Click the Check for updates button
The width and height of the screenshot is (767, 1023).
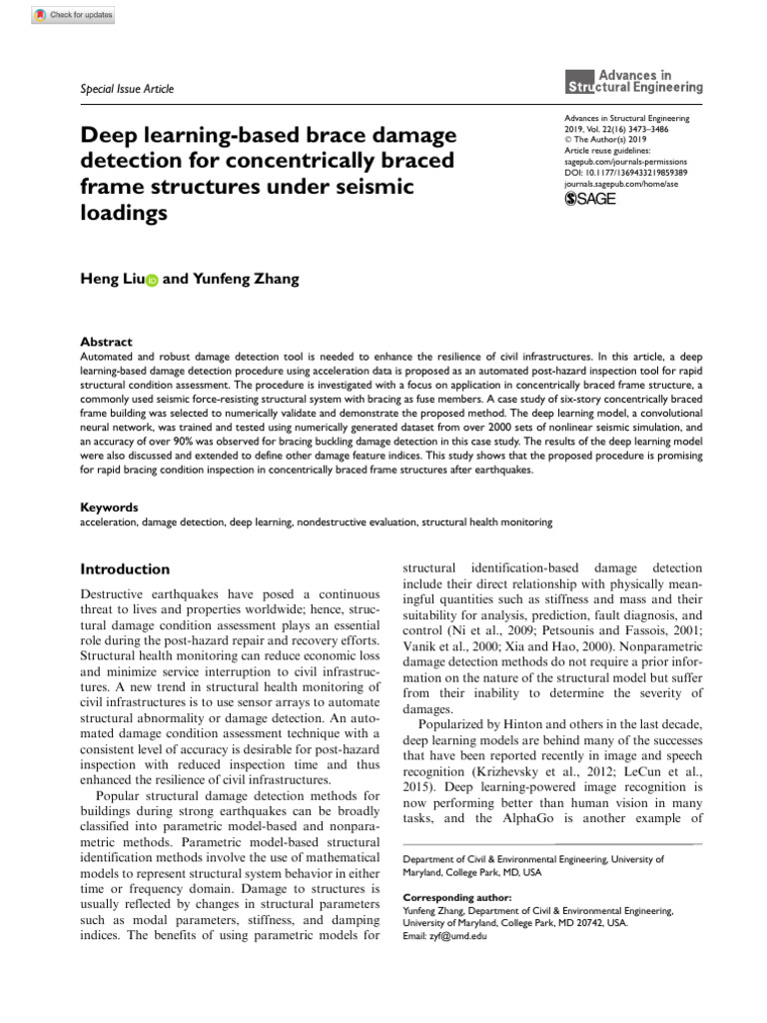(74, 15)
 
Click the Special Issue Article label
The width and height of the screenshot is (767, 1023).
(126, 89)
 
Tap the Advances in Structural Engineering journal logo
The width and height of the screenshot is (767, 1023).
(634, 81)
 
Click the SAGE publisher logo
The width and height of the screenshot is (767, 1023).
(590, 199)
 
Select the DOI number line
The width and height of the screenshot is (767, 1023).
(626, 172)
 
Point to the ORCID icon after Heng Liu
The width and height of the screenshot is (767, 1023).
(152, 281)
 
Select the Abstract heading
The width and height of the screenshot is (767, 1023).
(105, 342)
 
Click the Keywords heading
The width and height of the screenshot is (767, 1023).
(109, 508)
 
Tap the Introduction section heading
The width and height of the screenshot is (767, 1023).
(125, 569)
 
